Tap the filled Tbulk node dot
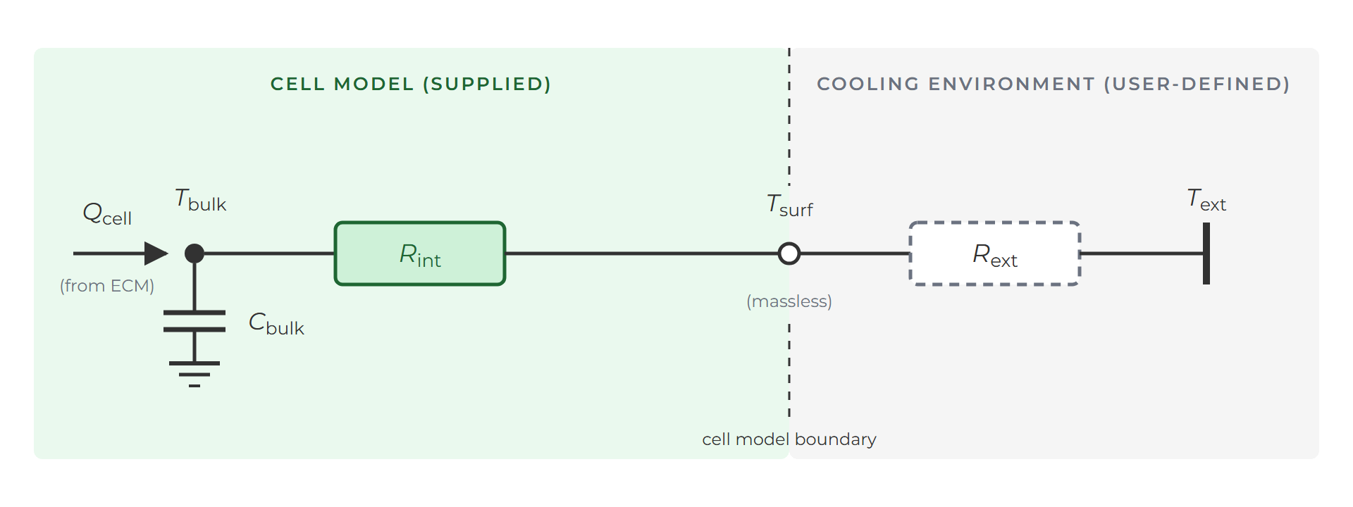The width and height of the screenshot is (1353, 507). pyautogui.click(x=194, y=254)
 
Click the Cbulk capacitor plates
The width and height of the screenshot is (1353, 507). pyautogui.click(x=194, y=321)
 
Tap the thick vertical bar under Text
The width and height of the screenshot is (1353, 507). pyautogui.click(x=1206, y=254)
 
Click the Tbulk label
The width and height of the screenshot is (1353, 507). pyautogui.click(x=201, y=200)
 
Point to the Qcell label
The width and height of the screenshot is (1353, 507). pyautogui.click(x=107, y=213)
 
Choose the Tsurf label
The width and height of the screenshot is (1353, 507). pyautogui.click(x=790, y=206)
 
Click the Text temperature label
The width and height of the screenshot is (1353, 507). pyautogui.click(x=1206, y=200)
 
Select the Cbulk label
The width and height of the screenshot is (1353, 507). pyautogui.click(x=276, y=324)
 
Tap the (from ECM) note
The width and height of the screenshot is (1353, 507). pyautogui.click(x=107, y=285)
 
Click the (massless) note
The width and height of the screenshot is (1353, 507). pyautogui.click(x=789, y=301)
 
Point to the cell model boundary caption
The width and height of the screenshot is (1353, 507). pyautogui.click(x=789, y=439)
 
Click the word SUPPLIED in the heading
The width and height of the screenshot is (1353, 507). pyautogui.click(x=487, y=84)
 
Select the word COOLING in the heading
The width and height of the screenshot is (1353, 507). pyautogui.click(x=868, y=84)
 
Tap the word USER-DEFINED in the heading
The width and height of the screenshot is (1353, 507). pyautogui.click(x=1197, y=84)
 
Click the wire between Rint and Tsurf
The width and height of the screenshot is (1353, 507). pyautogui.click(x=642, y=254)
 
